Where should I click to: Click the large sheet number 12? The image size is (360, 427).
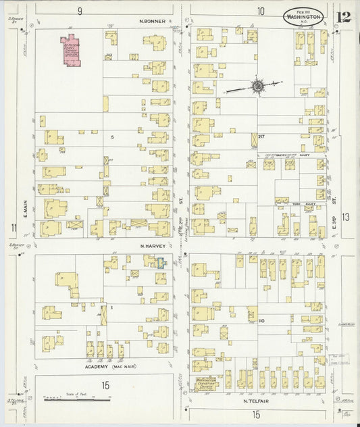344,17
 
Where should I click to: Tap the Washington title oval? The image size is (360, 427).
303,16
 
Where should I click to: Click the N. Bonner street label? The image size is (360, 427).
153,20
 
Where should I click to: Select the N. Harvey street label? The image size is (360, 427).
153,246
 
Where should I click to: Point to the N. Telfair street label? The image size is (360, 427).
257,401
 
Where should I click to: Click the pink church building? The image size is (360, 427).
72,51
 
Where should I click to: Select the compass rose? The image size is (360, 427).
257,86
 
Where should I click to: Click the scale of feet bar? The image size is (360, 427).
77,400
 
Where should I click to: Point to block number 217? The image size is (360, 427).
261,137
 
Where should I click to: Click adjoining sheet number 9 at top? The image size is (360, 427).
80,10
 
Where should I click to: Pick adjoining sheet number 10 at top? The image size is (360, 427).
261,10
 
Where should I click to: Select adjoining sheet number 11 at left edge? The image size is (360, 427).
13,227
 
